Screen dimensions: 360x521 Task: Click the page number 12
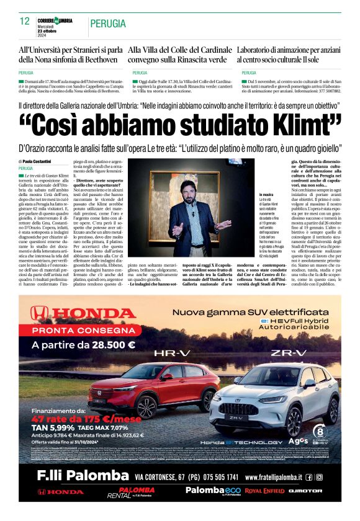(x=25, y=21)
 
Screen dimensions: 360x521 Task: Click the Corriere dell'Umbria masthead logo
(x=54, y=20)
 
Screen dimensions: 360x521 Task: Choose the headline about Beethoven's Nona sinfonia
(x=70, y=54)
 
